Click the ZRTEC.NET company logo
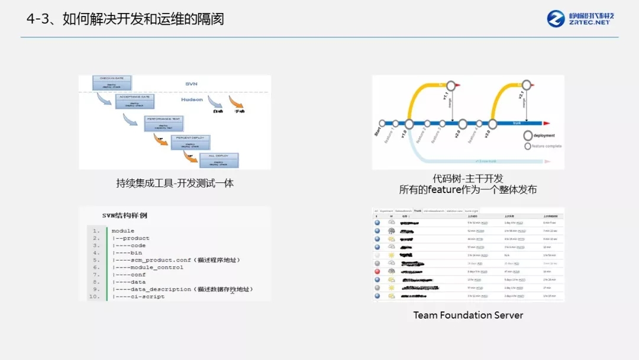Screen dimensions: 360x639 pyautogui.click(x=580, y=18)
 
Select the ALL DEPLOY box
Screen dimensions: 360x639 pyautogui.click(x=218, y=160)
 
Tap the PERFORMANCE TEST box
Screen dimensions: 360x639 pyautogui.click(x=164, y=123)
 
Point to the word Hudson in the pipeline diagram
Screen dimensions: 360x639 pyautogui.click(x=192, y=100)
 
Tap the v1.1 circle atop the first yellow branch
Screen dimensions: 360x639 pyautogui.click(x=450, y=86)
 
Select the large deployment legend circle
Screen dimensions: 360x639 pyautogui.click(x=528, y=135)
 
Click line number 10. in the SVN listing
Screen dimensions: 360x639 pyautogui.click(x=95, y=296)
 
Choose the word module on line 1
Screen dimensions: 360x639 pyautogui.click(x=122, y=231)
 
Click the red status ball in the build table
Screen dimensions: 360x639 pyautogui.click(x=377, y=271)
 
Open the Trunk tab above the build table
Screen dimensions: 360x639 pyautogui.click(x=418, y=211)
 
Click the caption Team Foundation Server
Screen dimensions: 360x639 pyautogui.click(x=468, y=315)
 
